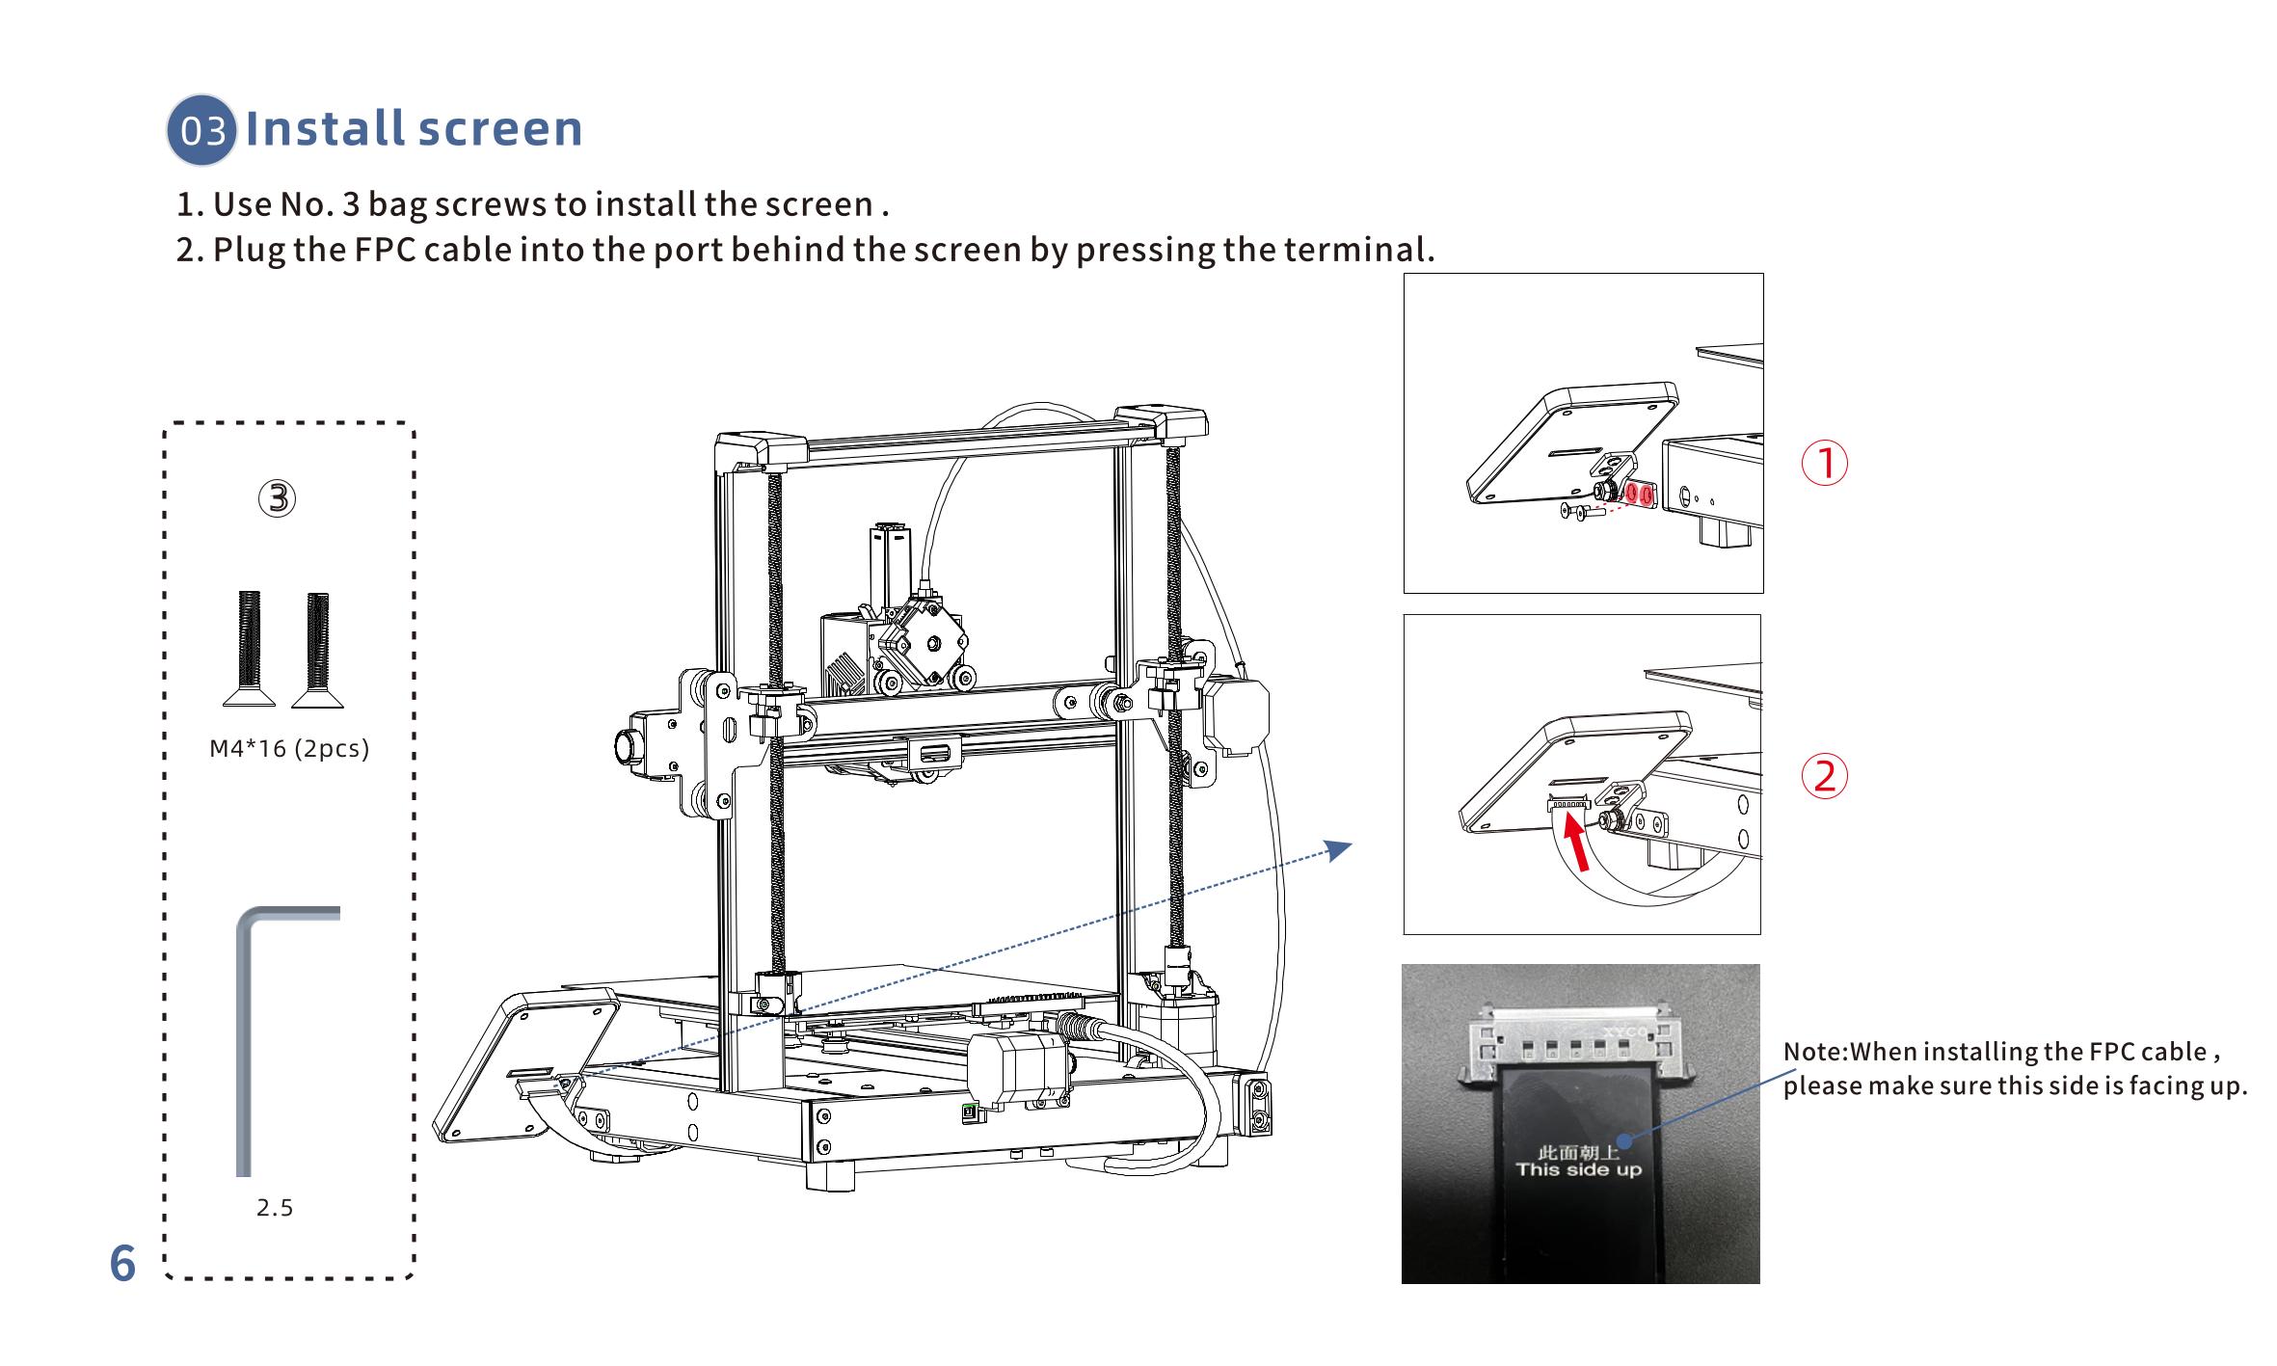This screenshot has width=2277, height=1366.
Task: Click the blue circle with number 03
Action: (x=201, y=130)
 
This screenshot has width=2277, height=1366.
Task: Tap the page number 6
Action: (x=122, y=1264)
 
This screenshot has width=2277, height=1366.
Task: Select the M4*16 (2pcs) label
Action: (x=289, y=749)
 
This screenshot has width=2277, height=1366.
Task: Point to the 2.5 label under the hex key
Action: (x=275, y=1208)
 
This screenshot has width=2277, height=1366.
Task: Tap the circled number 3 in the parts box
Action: (x=277, y=498)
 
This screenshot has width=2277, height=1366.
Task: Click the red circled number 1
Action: (x=1824, y=463)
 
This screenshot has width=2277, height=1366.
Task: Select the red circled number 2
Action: (x=1824, y=776)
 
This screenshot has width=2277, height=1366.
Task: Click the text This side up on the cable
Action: (x=1578, y=1170)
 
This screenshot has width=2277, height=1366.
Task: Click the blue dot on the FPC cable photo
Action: (x=1623, y=1141)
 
